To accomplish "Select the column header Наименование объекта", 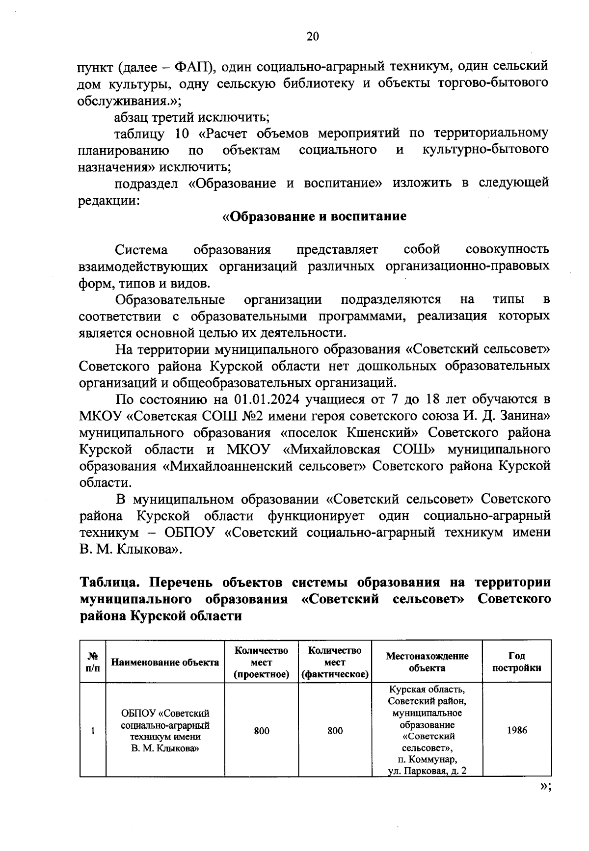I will point(165,663).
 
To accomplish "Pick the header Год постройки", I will point(516,662).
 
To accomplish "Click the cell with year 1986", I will point(516,730).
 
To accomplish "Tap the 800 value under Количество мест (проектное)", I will point(261,731).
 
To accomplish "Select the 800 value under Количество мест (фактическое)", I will point(335,731).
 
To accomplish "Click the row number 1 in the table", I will point(92,731).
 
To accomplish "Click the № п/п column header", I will point(92,662).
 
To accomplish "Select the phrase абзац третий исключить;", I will point(191,117).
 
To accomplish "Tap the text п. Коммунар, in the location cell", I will point(427,760).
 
